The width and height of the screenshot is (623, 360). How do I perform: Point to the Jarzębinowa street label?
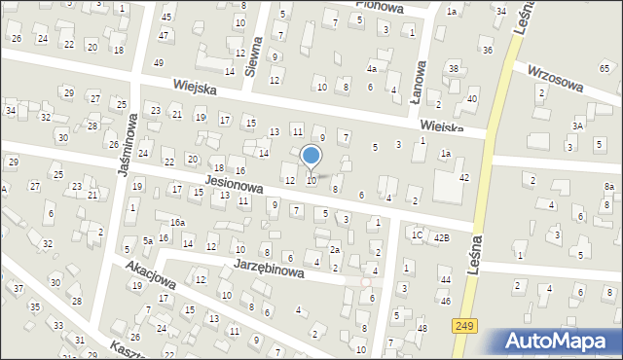(x=270, y=269)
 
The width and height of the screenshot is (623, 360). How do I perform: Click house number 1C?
(x=416, y=234)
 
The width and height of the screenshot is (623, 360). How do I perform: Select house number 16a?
(x=177, y=223)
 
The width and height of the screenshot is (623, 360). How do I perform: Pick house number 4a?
(x=371, y=70)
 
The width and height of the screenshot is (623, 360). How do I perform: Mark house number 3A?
(x=577, y=126)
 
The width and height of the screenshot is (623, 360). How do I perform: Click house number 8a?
(x=609, y=186)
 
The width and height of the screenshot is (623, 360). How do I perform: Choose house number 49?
(x=158, y=63)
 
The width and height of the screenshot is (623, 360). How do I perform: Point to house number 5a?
(x=148, y=240)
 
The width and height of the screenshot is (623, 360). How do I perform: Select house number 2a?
(x=334, y=251)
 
